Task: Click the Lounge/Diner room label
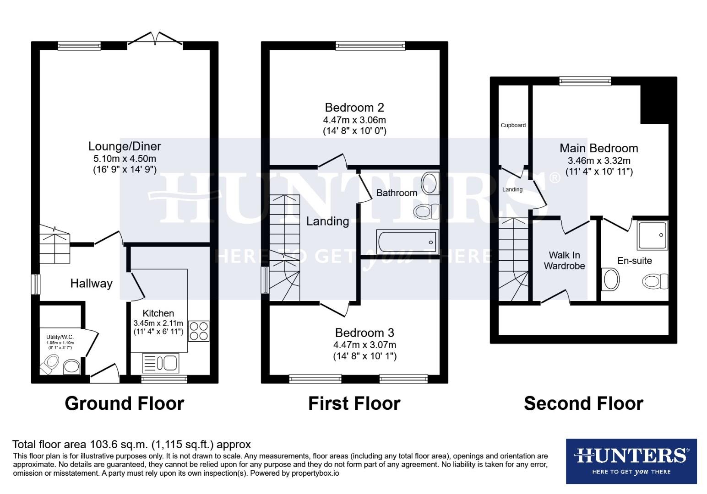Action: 125,146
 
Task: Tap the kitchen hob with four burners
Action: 199,331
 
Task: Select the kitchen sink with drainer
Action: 161,363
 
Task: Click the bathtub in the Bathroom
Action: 407,242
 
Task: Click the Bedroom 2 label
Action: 354,107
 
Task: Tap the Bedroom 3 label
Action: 364,333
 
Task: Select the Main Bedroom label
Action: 598,148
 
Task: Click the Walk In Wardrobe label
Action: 564,260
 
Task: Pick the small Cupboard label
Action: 513,125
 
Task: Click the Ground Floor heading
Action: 124,403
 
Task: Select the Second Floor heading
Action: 583,403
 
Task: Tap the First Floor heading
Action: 354,403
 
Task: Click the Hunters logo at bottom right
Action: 631,461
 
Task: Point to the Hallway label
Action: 91,284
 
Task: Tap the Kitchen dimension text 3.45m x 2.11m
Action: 158,323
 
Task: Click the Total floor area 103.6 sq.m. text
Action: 131,444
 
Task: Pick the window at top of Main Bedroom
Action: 585,81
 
